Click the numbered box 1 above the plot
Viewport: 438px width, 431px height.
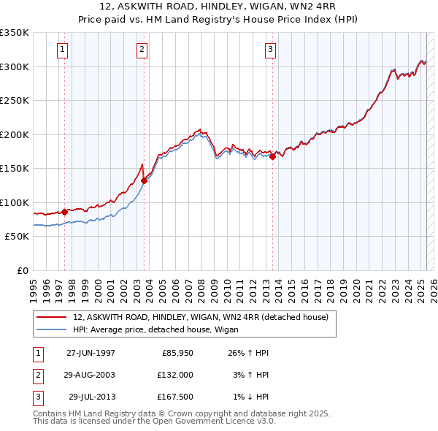pos(62,50)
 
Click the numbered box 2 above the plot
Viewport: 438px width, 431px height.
pos(142,50)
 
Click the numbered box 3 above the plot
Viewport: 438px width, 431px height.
pos(270,50)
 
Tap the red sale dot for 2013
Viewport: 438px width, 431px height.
pos(272,156)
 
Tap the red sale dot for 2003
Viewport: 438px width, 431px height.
pos(145,180)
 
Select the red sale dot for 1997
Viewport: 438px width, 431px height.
pos(65,212)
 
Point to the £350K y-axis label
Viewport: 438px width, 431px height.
pos(15,33)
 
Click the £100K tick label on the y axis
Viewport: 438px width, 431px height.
pos(15,202)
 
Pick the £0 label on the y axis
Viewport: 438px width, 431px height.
pos(22,270)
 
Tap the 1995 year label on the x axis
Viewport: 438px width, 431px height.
pos(34,285)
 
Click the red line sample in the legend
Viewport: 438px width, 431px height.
pos(51,317)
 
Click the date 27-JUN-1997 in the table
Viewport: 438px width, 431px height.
pos(91,353)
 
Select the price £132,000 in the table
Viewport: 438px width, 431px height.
pos(175,375)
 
